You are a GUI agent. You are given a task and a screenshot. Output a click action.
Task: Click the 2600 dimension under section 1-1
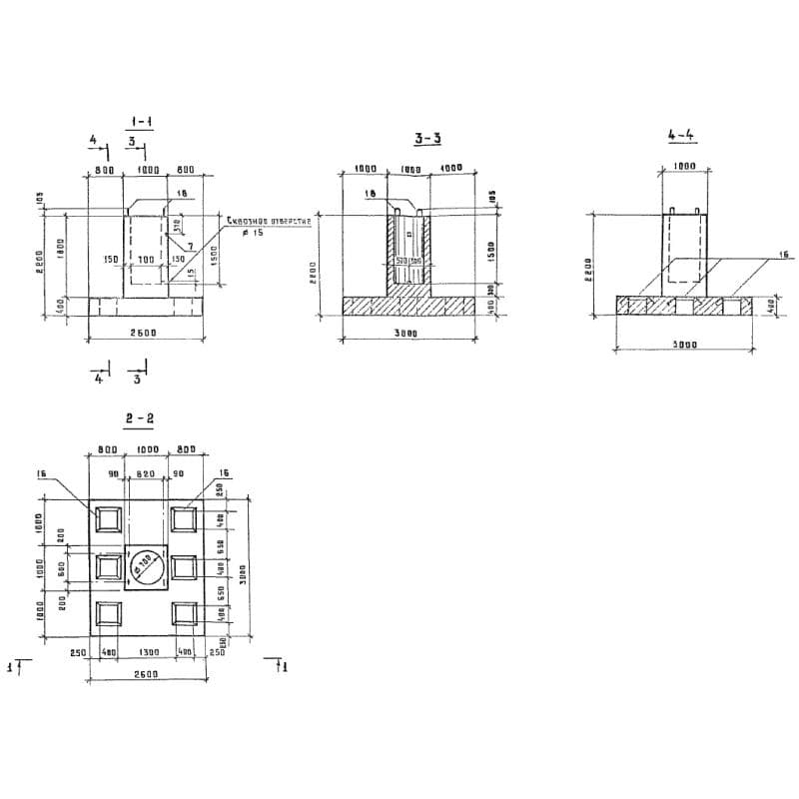click(x=148, y=333)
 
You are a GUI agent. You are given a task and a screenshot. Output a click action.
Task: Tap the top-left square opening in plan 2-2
click(x=108, y=520)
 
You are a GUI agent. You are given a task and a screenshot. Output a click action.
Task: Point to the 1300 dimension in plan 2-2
click(x=147, y=653)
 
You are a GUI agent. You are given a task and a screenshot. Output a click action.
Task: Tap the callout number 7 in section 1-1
click(x=190, y=245)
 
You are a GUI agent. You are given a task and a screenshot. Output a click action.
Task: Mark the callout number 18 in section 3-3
click(x=370, y=193)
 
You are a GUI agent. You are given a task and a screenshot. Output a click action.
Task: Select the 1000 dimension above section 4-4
click(x=684, y=167)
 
